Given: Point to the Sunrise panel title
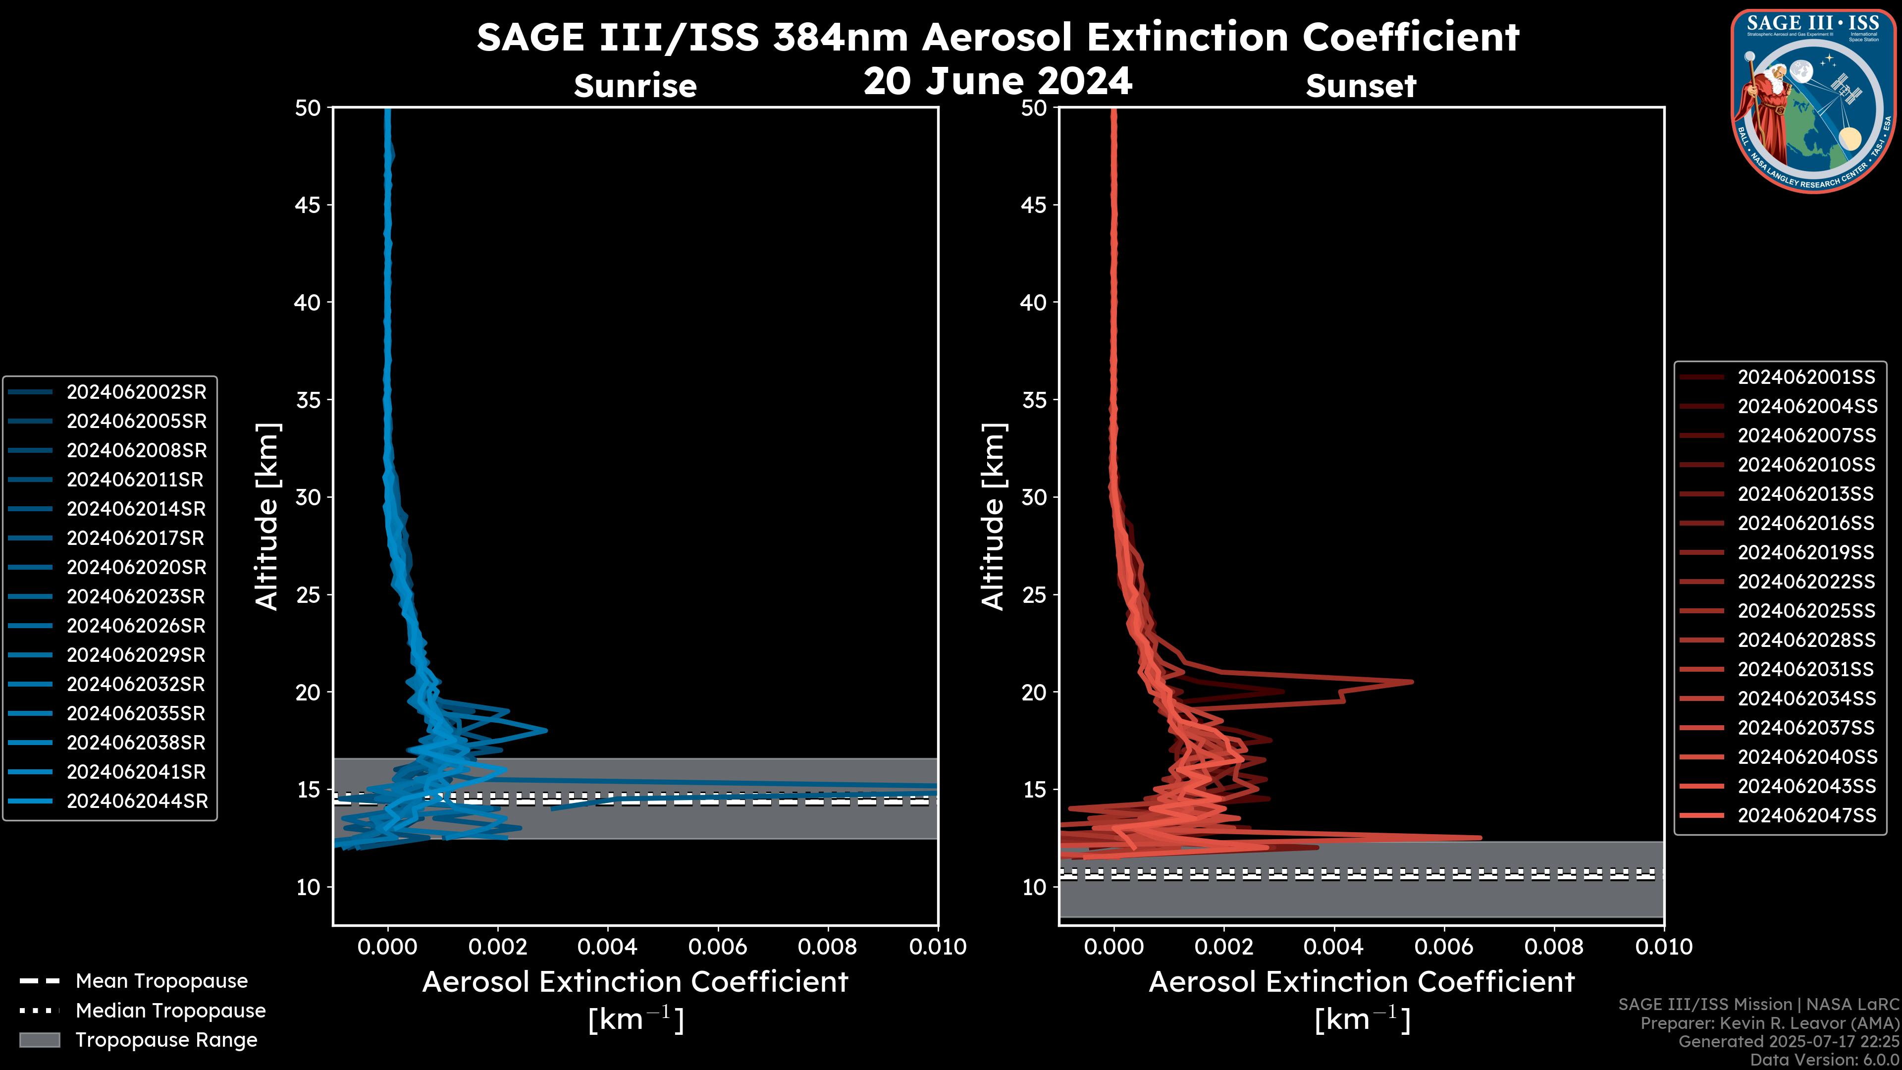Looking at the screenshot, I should pos(635,86).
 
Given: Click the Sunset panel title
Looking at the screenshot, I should pos(1361,86).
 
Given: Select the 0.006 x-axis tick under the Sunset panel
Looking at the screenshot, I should pos(1444,947).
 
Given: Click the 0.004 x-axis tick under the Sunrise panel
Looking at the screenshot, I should pos(608,947).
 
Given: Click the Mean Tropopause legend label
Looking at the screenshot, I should pos(161,981).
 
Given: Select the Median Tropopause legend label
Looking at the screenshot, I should pos(170,1011).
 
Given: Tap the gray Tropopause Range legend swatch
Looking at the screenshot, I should pos(39,1040).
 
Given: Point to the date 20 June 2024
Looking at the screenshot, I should pos(998,81).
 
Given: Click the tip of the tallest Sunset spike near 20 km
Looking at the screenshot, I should pos(1412,682).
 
